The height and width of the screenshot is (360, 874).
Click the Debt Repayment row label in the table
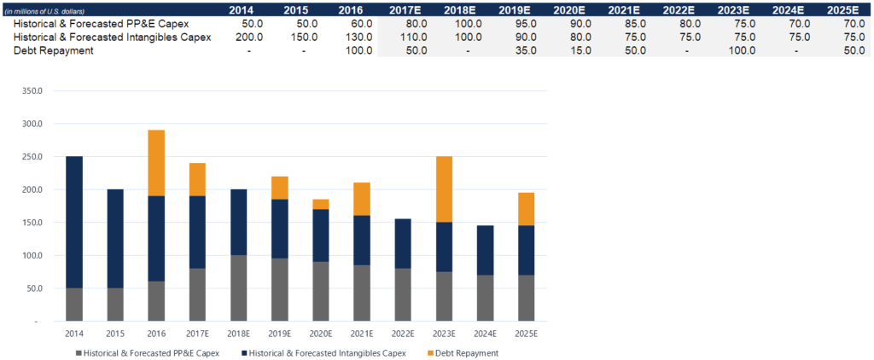[55, 50]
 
